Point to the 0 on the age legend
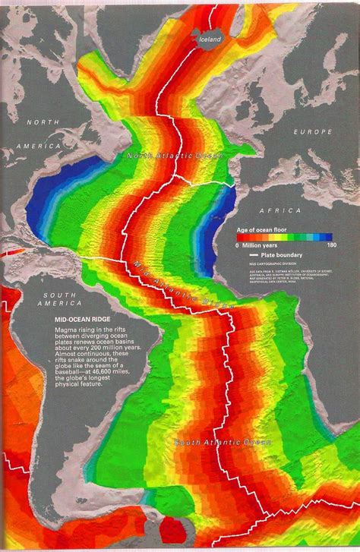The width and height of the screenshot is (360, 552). pyautogui.click(x=238, y=245)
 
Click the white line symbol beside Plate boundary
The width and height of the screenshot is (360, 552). pyautogui.click(x=254, y=256)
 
